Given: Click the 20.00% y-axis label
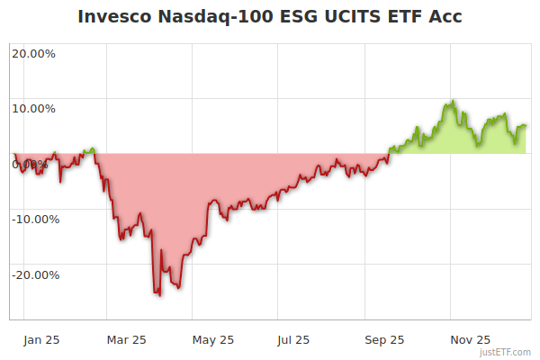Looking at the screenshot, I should [33, 53].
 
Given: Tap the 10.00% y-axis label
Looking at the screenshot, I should [33, 109].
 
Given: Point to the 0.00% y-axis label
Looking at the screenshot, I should [31, 165].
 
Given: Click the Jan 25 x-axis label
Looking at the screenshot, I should [42, 339].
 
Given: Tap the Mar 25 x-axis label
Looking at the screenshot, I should [127, 339].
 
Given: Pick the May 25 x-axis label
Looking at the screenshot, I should [213, 339].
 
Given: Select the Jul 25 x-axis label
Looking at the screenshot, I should [294, 339].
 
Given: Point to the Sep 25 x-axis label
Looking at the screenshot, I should [384, 339].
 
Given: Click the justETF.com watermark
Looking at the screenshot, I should [507, 353].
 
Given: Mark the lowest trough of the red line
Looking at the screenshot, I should [159, 295].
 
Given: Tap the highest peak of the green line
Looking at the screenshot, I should [453, 102].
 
